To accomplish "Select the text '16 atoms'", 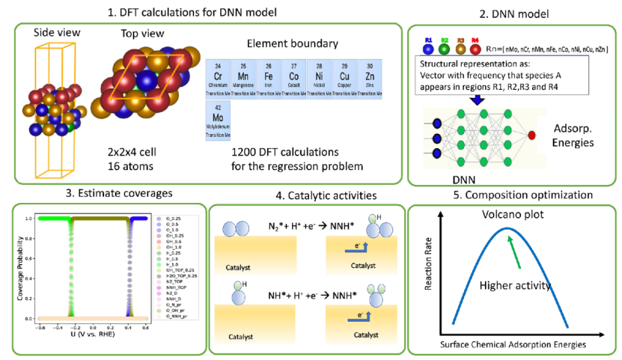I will (128, 167).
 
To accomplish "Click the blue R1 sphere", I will (429, 49).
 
